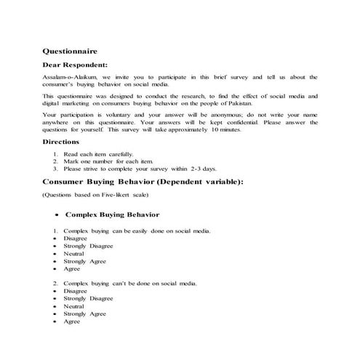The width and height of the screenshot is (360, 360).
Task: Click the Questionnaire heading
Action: pos(69,52)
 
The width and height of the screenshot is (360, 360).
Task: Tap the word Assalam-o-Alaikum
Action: pos(68,76)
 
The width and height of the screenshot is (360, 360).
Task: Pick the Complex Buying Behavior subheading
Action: pos(112,215)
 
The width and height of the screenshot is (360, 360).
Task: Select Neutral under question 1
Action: pos(74,253)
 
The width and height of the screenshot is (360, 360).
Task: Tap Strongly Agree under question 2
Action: pos(84,313)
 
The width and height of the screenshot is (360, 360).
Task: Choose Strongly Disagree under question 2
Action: pos(88,298)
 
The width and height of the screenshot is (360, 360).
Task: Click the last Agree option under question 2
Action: pos(71,321)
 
